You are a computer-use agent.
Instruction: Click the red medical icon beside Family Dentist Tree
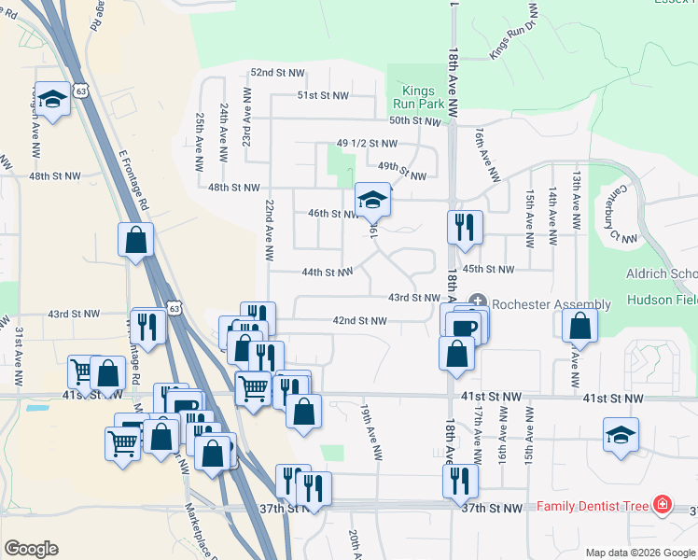click(x=663, y=506)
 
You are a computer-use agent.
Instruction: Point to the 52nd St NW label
click(x=277, y=72)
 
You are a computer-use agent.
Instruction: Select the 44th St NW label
click(x=327, y=273)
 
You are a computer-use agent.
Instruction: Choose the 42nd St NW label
click(x=359, y=321)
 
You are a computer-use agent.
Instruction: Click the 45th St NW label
click(x=489, y=269)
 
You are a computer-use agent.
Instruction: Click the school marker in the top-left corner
click(x=53, y=99)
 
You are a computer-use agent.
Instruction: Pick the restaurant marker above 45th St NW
click(x=463, y=227)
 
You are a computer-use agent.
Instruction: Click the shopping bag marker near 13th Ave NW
click(x=580, y=326)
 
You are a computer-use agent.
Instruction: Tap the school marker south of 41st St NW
click(x=621, y=436)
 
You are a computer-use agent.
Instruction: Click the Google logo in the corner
click(x=31, y=549)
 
